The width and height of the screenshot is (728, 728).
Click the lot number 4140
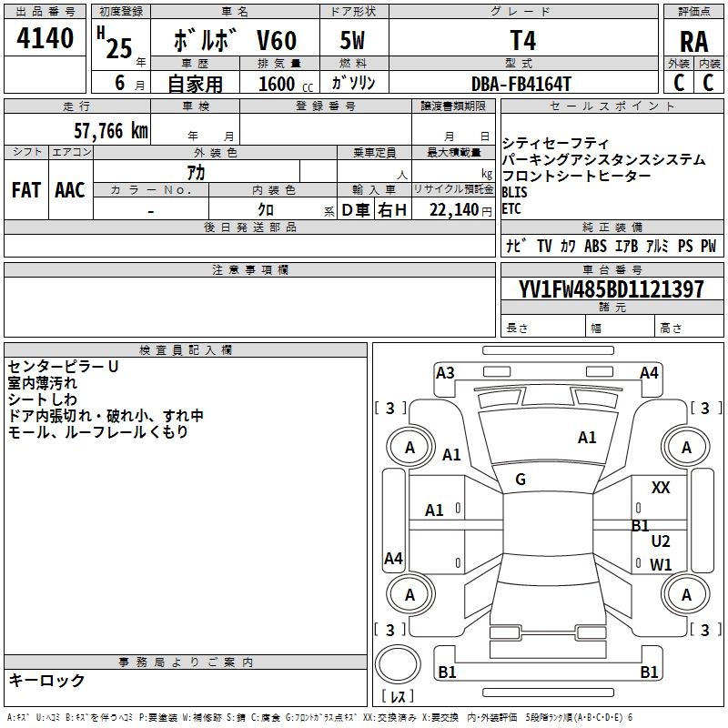pos(45,38)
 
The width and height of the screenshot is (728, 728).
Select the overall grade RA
pos(693,41)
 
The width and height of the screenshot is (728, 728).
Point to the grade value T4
pos(522,41)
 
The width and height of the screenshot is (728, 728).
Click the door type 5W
pos(353,42)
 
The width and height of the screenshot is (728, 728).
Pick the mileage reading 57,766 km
pos(110,130)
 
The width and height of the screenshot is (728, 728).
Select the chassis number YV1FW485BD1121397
pos(611,289)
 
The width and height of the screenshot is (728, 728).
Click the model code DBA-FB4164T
pos(522,83)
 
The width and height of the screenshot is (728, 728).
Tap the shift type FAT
pos(25,190)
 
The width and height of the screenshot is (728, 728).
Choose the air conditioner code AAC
pos(69,190)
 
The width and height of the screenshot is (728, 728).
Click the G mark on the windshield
pos(521,480)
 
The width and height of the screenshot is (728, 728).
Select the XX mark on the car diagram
pos(661,488)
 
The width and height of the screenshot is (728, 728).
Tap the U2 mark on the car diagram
pos(661,541)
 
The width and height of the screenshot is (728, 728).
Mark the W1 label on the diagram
pos(661,564)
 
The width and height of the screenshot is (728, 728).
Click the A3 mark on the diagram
pos(445,372)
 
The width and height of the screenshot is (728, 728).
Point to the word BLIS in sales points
pos(514,192)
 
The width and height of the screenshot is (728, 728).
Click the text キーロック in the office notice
pos(46,680)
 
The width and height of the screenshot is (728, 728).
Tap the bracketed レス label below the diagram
pos(400,696)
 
